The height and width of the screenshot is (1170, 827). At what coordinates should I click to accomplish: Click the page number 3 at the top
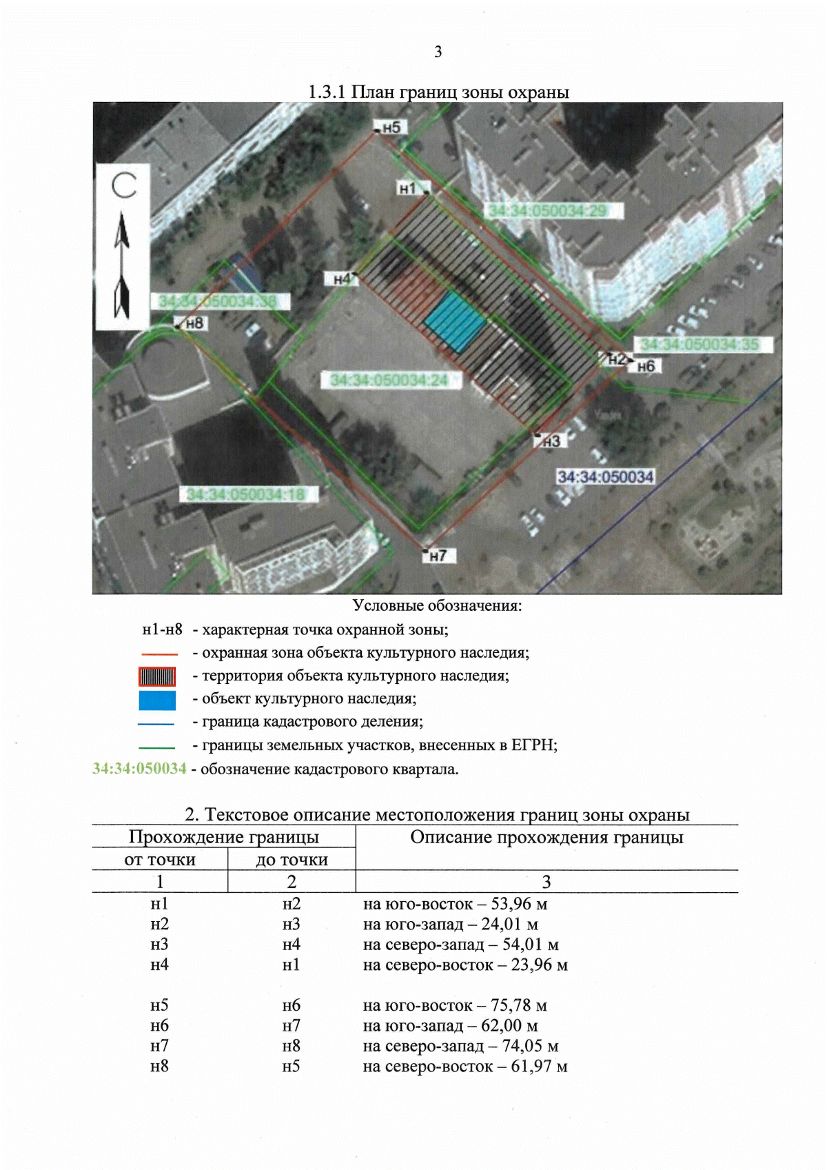coord(438,52)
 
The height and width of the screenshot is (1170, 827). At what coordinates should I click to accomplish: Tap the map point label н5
coord(391,128)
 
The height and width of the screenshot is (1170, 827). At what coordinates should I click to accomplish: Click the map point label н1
coord(408,188)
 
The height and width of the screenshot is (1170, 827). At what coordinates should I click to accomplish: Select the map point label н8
coord(194,323)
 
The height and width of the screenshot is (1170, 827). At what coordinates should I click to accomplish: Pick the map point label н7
coord(438,556)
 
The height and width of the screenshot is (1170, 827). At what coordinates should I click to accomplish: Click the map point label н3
coord(551,441)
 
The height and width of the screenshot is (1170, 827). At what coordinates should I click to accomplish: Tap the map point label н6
coord(646,366)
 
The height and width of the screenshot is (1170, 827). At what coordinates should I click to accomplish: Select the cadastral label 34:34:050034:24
coord(389,380)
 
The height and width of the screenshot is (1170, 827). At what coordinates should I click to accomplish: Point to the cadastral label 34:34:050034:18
coord(245,494)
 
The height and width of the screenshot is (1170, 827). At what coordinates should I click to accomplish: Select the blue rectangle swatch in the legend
coord(157,700)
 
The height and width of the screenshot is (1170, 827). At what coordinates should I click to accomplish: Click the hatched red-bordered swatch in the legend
coord(157,676)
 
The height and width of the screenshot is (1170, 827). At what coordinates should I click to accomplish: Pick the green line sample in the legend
coord(157,747)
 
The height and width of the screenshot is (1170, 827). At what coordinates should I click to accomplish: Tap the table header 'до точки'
coord(292,860)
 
